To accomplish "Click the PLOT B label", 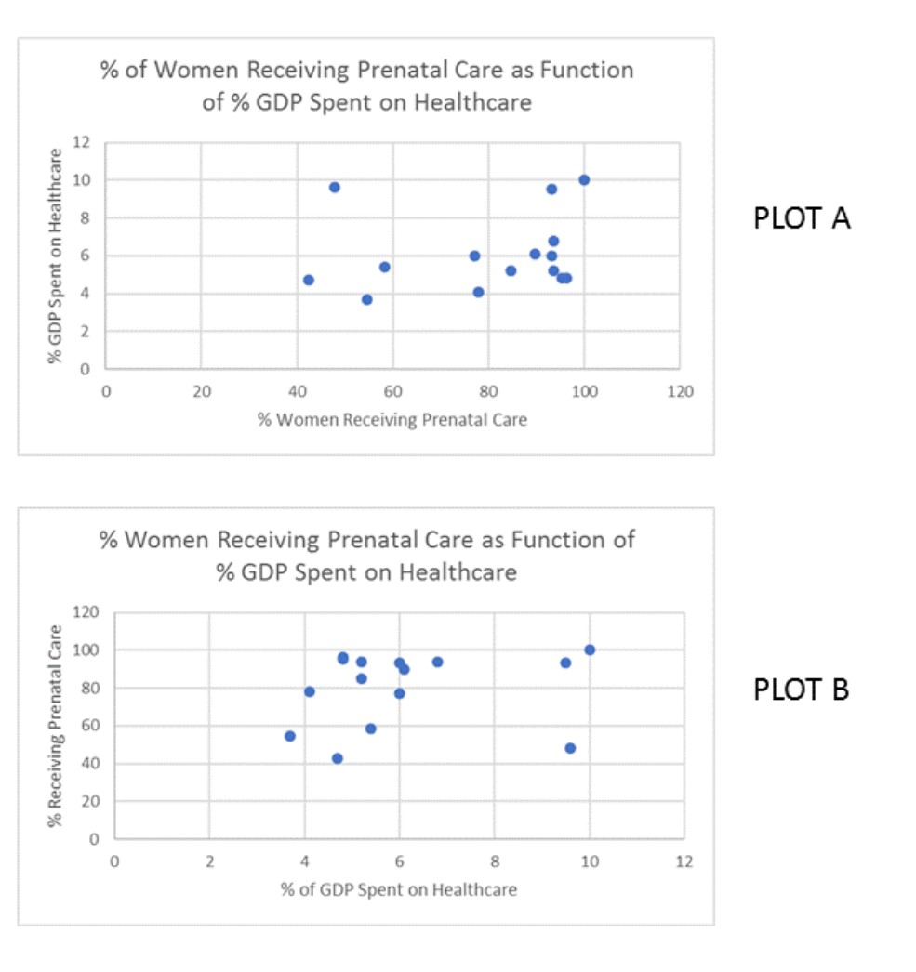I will (x=801, y=690).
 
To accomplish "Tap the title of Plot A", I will (x=366, y=85).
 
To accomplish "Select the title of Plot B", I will (x=366, y=555).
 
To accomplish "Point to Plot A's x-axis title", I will (x=392, y=420).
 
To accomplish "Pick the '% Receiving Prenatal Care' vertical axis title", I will (x=58, y=726).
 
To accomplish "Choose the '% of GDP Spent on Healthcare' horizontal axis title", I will (x=398, y=889).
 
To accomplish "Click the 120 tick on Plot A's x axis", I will (x=680, y=393).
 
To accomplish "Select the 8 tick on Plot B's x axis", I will (x=494, y=862).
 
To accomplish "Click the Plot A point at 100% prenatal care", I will (x=584, y=179).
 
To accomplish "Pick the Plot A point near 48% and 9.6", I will (x=335, y=187).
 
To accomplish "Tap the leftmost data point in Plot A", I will (x=309, y=280).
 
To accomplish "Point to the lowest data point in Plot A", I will (x=367, y=299).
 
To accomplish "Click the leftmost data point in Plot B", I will (x=290, y=736).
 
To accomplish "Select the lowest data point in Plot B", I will (x=338, y=758).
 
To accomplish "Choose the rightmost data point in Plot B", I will (x=590, y=650).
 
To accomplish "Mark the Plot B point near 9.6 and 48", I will (x=570, y=748).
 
